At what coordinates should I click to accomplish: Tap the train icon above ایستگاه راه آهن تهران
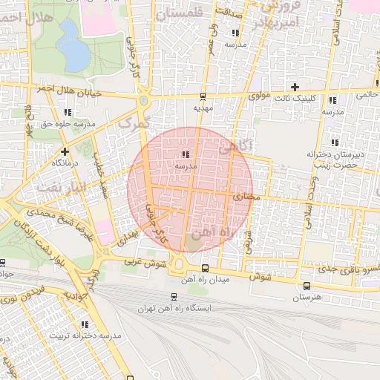coord(174,296)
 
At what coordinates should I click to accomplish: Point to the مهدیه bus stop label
coord(203,108)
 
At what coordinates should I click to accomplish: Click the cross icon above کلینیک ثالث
coord(295,87)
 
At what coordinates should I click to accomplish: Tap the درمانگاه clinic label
coord(65,162)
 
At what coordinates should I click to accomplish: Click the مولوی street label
coord(258,96)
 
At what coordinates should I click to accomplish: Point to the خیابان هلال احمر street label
coord(68,88)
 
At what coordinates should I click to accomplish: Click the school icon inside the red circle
coord(184,154)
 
